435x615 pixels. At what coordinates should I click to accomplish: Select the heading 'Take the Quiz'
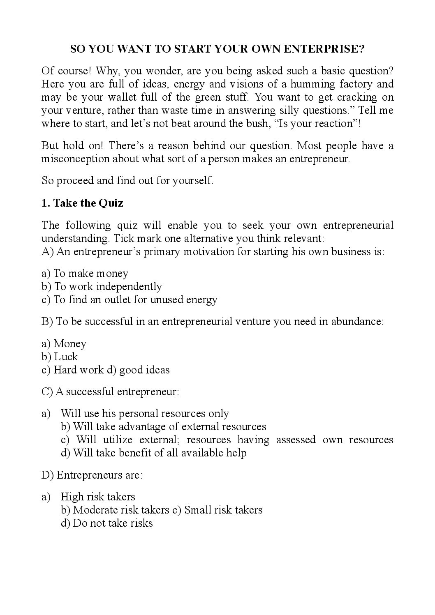[x=88, y=203]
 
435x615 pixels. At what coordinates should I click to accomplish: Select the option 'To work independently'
[x=108, y=287]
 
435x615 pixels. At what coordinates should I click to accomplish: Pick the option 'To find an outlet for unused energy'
[x=135, y=300]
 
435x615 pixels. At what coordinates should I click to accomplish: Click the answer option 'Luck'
[x=66, y=357]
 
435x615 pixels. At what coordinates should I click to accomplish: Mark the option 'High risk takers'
[x=98, y=497]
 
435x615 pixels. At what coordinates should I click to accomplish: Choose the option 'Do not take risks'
[x=113, y=523]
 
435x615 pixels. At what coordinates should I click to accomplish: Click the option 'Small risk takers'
[x=223, y=510]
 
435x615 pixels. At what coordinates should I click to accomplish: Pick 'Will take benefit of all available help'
[x=160, y=453]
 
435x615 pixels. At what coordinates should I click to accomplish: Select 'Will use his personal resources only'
[x=145, y=414]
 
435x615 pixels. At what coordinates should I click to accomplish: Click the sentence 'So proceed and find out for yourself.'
[x=127, y=181]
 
